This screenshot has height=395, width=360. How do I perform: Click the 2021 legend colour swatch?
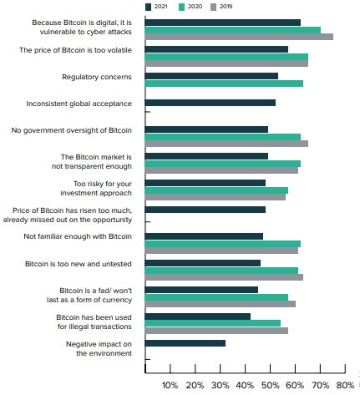point(148,7)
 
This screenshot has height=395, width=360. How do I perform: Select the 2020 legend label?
point(195,7)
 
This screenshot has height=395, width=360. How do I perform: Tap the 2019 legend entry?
point(221,7)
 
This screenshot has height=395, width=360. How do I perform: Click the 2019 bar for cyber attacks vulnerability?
point(239,37)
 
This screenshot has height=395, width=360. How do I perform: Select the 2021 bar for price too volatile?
point(216,49)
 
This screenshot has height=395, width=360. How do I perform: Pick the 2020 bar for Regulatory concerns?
point(224,84)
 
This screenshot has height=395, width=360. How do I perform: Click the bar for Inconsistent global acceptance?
point(210,103)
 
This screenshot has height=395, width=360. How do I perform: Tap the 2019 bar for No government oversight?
point(226,144)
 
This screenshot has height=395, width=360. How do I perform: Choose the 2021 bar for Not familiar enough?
point(204,236)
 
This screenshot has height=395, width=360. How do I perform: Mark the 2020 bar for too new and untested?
point(221,271)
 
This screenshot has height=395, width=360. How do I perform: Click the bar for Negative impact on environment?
point(185,343)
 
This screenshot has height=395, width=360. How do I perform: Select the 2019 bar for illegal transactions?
point(216,331)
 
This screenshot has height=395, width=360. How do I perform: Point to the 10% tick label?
point(170,386)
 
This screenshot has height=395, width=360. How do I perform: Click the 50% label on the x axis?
point(271,386)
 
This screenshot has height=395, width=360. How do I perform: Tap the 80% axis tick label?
point(346,386)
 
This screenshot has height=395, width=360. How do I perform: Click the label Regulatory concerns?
point(97,77)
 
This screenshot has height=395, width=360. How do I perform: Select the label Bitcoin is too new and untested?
point(79,264)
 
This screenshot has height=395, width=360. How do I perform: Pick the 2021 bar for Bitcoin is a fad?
point(201,290)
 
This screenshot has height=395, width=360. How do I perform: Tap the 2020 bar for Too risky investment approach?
point(216,190)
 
